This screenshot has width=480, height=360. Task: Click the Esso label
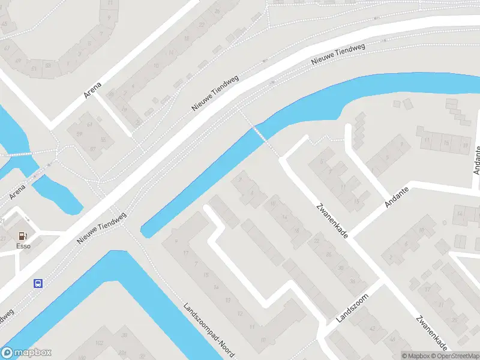pos(22,245)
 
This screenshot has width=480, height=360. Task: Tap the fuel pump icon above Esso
pos(23,236)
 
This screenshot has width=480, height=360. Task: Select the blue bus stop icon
pos(38,283)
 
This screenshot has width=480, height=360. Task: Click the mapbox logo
pos(26,353)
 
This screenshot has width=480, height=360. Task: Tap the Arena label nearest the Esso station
pos(18,191)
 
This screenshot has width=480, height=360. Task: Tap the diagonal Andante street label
pos(397,196)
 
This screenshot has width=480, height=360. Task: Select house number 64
pos(89,125)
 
